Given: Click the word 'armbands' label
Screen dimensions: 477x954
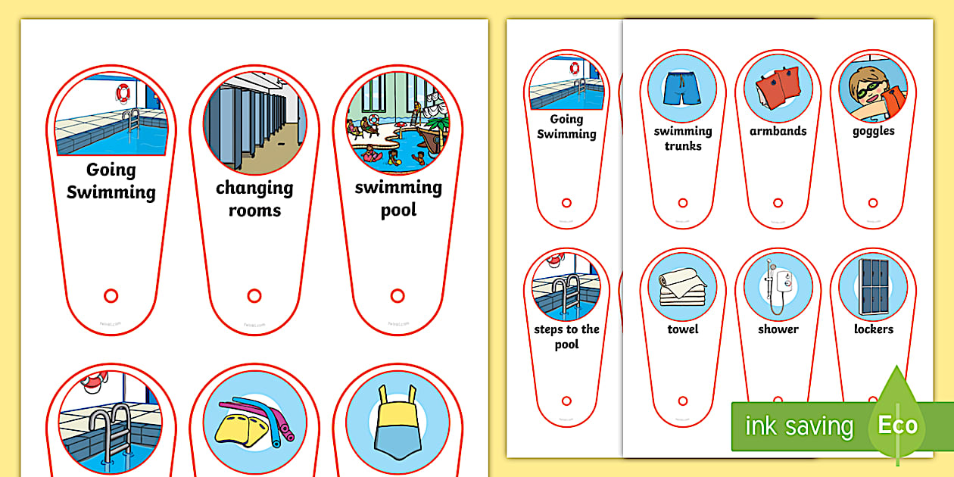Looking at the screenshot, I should pos(778,131).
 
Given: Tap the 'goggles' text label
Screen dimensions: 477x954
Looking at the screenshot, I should pos(873,131).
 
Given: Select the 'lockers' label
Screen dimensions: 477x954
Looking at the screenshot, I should pos(873,329).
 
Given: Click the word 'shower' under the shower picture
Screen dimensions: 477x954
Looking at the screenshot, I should pos(778,329).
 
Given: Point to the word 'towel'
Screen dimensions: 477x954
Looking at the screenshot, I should pos(682,329).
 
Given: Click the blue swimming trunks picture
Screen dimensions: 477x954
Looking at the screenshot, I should pos(682,88).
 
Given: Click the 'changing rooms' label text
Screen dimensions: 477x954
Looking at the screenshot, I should pos(254,198).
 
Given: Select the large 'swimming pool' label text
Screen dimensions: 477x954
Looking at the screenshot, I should pos(398,198).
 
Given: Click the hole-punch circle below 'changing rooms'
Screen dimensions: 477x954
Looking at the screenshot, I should pos(254,296).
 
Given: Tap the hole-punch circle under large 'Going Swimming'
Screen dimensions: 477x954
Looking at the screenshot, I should pos(111,295).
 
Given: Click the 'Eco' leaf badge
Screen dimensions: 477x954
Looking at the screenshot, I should pos(897,426).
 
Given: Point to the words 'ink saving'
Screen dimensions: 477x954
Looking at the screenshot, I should pos(799,426).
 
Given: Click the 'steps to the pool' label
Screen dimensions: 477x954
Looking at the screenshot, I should pos(566,337).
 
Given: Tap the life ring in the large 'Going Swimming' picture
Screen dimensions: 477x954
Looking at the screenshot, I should pos(123,92).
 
